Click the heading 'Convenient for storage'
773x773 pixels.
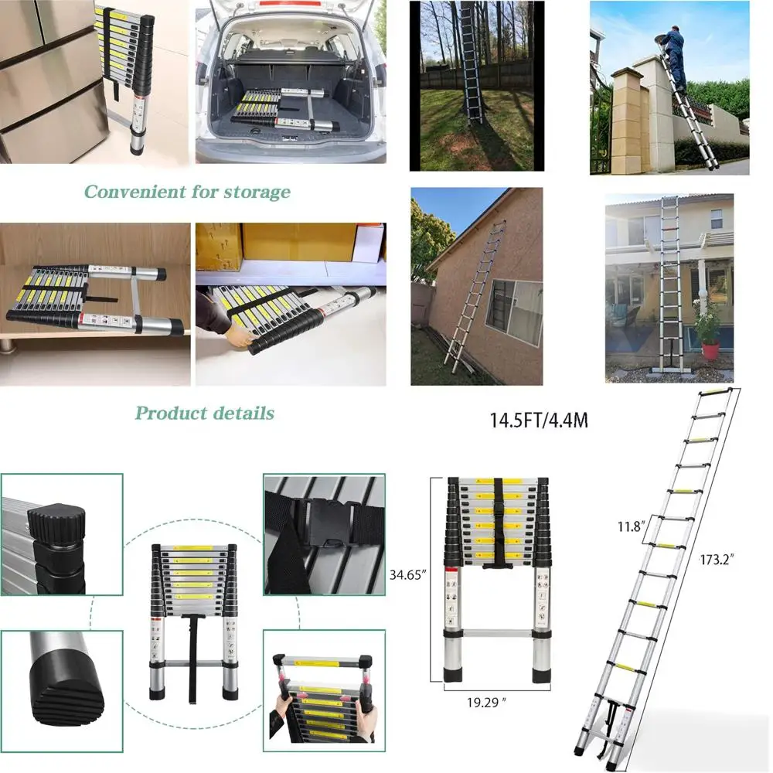[187, 192]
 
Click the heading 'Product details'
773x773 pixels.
[204, 413]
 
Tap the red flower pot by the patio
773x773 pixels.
[710, 349]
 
